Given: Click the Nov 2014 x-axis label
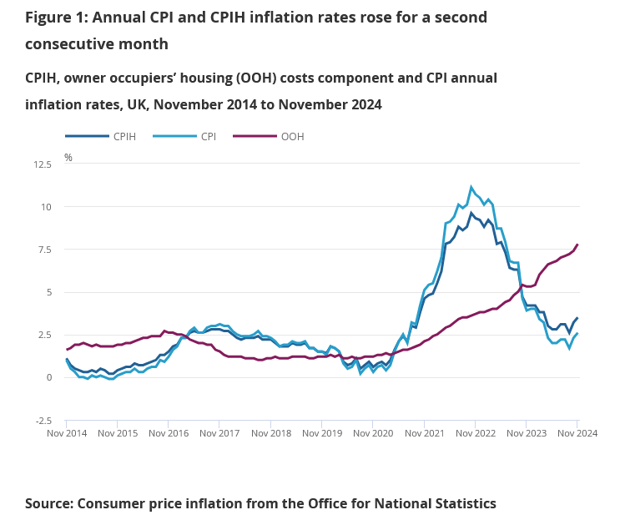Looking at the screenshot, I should coord(67,434).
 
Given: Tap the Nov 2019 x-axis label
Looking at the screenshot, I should coord(322,434).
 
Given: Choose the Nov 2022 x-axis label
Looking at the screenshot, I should coord(475,434).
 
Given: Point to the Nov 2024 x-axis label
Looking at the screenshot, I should coord(577,434).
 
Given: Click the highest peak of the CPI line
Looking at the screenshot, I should coord(471,187).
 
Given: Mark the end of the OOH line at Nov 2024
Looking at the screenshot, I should coord(577,245).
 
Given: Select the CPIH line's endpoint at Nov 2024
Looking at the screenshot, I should coord(577,318).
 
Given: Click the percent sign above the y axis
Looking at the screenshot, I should coord(68,157).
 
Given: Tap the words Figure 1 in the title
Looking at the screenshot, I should coord(59,17).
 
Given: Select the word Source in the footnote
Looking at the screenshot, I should coord(49,503).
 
